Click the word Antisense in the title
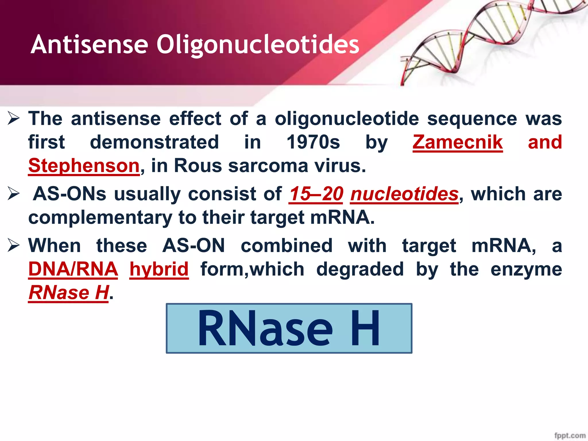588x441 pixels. pyautogui.click(x=89, y=45)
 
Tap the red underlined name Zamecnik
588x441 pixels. pyautogui.click(x=458, y=142)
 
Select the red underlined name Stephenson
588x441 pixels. pyautogui.click(x=84, y=166)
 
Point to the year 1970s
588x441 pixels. pyautogui.click(x=313, y=142)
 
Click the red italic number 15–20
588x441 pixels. pyautogui.click(x=316, y=194)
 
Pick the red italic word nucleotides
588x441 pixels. pyautogui.click(x=404, y=194)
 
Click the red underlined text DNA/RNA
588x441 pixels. pyautogui.click(x=73, y=269)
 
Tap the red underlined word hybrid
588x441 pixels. pyautogui.click(x=159, y=269)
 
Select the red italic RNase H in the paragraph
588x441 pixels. pyautogui.click(x=69, y=293)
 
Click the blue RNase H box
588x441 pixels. pyautogui.click(x=289, y=328)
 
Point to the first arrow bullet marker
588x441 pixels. pyautogui.click(x=13, y=119)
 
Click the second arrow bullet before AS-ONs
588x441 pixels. pyautogui.click(x=13, y=194)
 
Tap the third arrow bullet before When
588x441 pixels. pyautogui.click(x=13, y=246)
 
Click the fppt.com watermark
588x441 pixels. pyautogui.click(x=570, y=435)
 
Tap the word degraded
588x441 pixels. pyautogui.click(x=360, y=269)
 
